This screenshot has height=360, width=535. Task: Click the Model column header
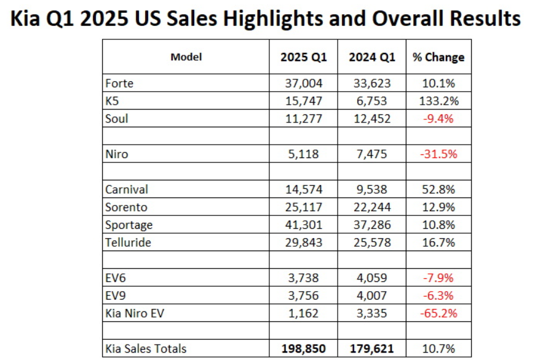pos(186,57)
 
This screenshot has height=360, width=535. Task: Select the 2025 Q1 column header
pos(304,57)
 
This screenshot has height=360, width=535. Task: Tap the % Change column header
pos(438,57)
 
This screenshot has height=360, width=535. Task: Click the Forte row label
pos(119,83)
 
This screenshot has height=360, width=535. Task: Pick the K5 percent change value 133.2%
pos(438,101)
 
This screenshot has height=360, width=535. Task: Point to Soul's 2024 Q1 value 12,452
pos(371,119)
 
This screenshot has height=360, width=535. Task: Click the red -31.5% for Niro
pos(438,154)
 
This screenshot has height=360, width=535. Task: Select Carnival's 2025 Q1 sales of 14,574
pos(304,190)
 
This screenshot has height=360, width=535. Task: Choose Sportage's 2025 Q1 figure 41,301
pos(304,225)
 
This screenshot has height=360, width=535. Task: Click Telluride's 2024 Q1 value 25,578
pos(371,242)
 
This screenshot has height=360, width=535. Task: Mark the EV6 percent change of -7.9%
pos(438,278)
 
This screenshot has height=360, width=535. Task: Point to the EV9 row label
pos(116,296)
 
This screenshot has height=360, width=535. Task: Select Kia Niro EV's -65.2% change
pos(438,313)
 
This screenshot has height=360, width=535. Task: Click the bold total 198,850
pos(304,349)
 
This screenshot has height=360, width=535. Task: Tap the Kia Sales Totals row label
pos(146,349)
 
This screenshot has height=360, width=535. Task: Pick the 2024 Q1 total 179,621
pos(371,349)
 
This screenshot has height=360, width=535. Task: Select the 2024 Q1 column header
pos(371,57)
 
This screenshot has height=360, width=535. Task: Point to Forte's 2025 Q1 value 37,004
pos(304,83)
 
